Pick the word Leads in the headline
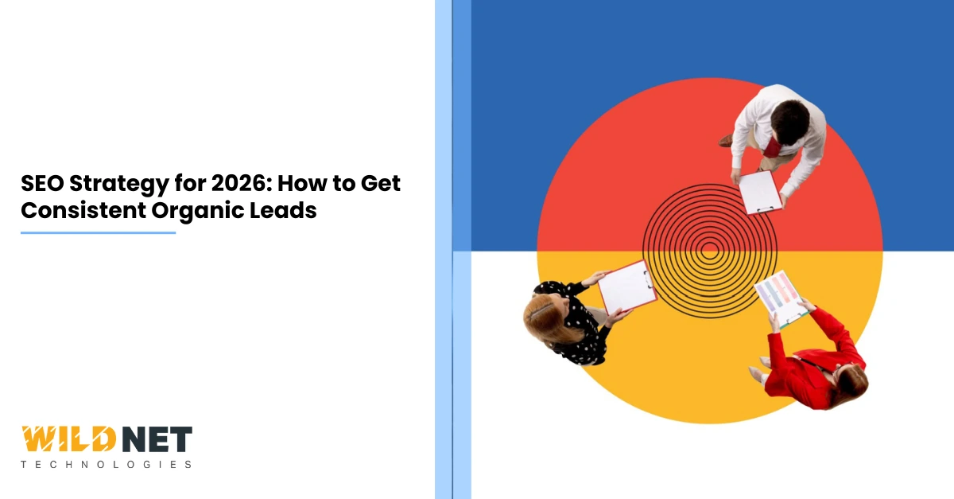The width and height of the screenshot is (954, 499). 290,210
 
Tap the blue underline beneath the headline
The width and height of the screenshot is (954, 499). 98,233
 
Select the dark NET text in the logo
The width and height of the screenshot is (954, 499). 159,440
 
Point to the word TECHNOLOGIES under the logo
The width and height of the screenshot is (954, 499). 106,464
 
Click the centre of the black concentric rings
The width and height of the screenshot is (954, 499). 710,251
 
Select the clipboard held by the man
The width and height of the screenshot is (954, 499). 760,191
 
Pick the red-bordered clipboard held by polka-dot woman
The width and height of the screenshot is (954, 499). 627,286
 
